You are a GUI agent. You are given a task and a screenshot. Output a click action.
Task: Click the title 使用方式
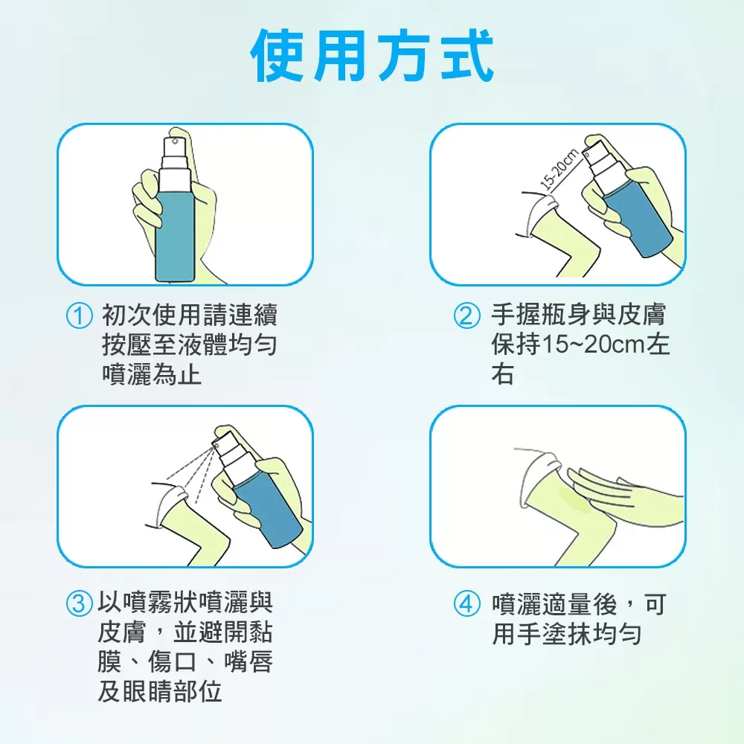click(x=373, y=56)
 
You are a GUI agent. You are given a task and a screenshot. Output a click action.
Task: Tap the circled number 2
click(x=467, y=316)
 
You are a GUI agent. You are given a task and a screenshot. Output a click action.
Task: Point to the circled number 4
click(x=467, y=603)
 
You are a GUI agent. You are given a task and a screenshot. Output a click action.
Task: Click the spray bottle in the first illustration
click(x=174, y=223)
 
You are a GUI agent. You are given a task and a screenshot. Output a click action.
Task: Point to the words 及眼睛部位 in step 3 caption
click(x=160, y=691)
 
